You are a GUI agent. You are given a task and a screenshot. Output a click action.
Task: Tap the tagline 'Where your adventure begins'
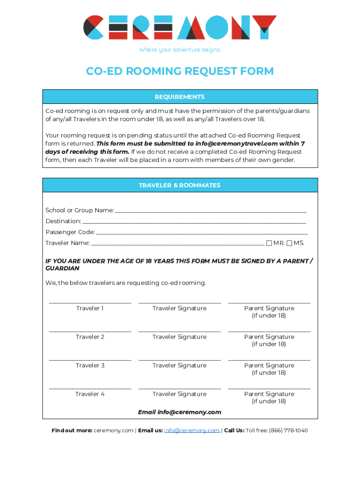[x=180, y=50]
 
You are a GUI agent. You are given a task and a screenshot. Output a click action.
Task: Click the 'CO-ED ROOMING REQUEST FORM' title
[x=180, y=71]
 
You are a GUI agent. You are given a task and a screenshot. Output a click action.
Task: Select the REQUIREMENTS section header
[x=180, y=97]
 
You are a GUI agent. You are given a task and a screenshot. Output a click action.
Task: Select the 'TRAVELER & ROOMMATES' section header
[x=180, y=185]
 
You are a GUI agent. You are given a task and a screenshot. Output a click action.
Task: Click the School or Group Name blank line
[x=210, y=211]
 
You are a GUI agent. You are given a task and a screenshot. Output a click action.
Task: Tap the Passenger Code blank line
[x=202, y=233]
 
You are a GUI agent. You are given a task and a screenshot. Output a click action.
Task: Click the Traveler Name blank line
[x=178, y=244]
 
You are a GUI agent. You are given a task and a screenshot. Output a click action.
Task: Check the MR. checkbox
[x=269, y=243]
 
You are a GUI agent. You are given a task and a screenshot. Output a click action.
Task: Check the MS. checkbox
[x=289, y=243]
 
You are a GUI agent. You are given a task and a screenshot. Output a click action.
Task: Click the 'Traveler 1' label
[x=90, y=308]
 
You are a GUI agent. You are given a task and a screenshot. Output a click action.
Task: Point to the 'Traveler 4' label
[x=90, y=394]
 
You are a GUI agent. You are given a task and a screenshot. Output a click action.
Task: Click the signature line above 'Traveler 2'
[x=90, y=331]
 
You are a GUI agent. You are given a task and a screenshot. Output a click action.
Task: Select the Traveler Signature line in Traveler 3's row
[x=180, y=360]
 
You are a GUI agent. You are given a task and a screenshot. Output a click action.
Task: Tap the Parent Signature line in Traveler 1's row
[x=269, y=303]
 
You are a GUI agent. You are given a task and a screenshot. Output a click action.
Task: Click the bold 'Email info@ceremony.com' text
[x=180, y=412]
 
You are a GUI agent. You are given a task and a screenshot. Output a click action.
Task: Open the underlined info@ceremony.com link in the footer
[x=192, y=430]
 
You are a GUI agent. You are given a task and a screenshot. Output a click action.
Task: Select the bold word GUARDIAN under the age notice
[x=62, y=269]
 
